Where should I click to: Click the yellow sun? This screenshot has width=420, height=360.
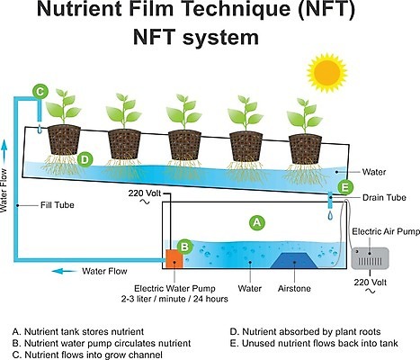click(x=327, y=72)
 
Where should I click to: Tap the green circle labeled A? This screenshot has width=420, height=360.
click(x=257, y=222)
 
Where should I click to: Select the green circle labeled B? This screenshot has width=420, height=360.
click(x=185, y=247)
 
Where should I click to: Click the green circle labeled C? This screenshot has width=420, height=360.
click(x=40, y=91)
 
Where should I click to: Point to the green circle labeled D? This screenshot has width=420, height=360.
click(x=85, y=159)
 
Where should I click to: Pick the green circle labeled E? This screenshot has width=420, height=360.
click(x=345, y=188)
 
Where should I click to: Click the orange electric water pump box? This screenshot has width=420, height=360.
click(x=174, y=258)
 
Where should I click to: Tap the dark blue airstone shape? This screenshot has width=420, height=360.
click(x=294, y=260)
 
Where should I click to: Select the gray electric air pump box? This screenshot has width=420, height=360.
click(x=370, y=258)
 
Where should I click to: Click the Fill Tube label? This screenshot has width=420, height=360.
click(x=58, y=205)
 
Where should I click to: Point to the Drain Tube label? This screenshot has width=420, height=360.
click(x=384, y=197)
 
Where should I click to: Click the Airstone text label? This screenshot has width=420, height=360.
click(x=294, y=288)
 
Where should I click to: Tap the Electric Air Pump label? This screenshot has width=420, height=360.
click(x=386, y=231)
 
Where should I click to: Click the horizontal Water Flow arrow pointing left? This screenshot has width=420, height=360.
click(x=64, y=271)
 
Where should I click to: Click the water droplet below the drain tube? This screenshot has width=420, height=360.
click(x=330, y=215)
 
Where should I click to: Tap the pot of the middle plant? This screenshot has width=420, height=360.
click(x=184, y=145)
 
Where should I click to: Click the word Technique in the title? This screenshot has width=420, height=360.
click(x=231, y=10)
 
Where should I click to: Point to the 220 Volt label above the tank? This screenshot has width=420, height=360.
click(x=145, y=193)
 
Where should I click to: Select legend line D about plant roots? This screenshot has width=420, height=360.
click(x=305, y=332)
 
